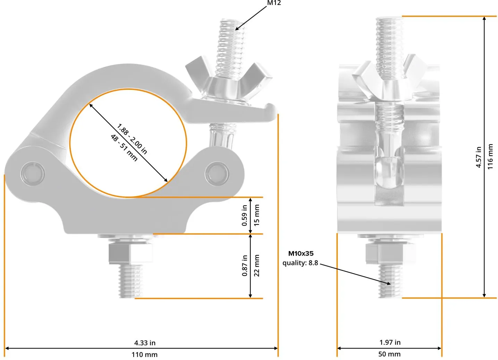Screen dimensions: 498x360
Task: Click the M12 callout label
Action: (x=274, y=3)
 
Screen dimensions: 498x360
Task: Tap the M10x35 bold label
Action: (x=301, y=253)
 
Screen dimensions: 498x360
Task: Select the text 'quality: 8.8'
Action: (x=300, y=263)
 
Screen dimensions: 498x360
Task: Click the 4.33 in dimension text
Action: (x=145, y=343)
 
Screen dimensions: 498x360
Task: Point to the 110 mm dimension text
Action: (x=144, y=355)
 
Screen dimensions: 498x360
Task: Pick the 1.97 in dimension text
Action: (x=390, y=342)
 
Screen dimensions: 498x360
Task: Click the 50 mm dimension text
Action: (x=389, y=354)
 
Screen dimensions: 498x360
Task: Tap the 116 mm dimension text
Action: (x=490, y=156)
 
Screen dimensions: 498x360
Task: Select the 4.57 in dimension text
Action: (x=479, y=157)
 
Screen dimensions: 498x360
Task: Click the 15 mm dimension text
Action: (x=256, y=215)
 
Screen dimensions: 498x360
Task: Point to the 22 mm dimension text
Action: (x=256, y=266)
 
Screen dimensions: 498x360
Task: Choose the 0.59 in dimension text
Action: (x=244, y=215)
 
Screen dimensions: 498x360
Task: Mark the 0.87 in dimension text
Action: (x=244, y=266)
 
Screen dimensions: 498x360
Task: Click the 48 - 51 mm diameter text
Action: (x=124, y=148)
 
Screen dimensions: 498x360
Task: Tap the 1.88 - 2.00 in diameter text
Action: (x=132, y=139)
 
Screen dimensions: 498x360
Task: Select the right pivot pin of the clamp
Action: (x=217, y=173)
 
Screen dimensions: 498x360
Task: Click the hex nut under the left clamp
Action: (x=131, y=253)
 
